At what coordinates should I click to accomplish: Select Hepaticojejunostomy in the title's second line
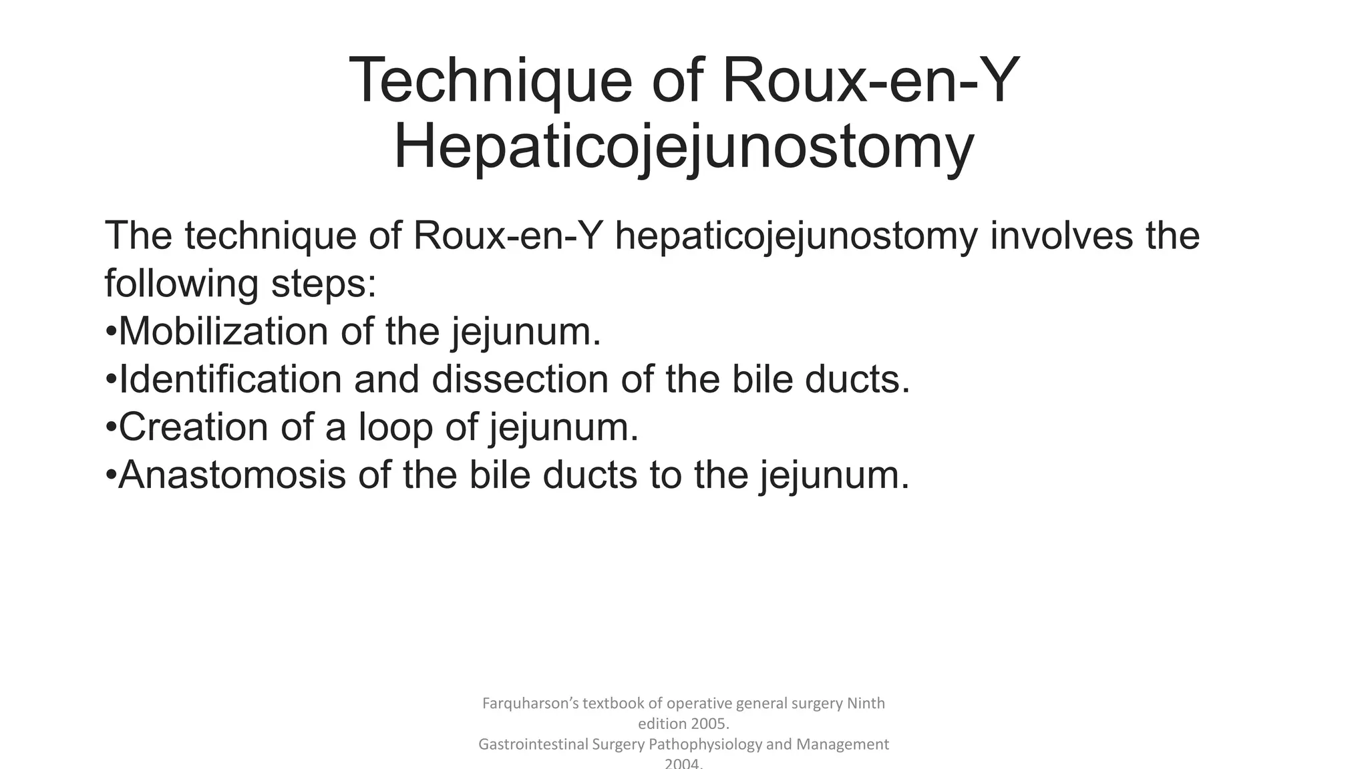tap(683, 148)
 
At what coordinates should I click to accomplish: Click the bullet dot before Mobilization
tap(111, 332)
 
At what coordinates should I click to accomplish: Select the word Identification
tap(230, 379)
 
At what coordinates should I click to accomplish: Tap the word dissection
tap(520, 379)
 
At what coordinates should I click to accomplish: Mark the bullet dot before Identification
tap(111, 380)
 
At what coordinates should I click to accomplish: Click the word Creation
tap(193, 427)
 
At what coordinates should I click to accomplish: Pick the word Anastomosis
tap(232, 475)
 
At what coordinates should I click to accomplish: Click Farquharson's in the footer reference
tap(530, 704)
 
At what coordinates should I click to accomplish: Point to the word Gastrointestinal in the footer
tap(533, 744)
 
